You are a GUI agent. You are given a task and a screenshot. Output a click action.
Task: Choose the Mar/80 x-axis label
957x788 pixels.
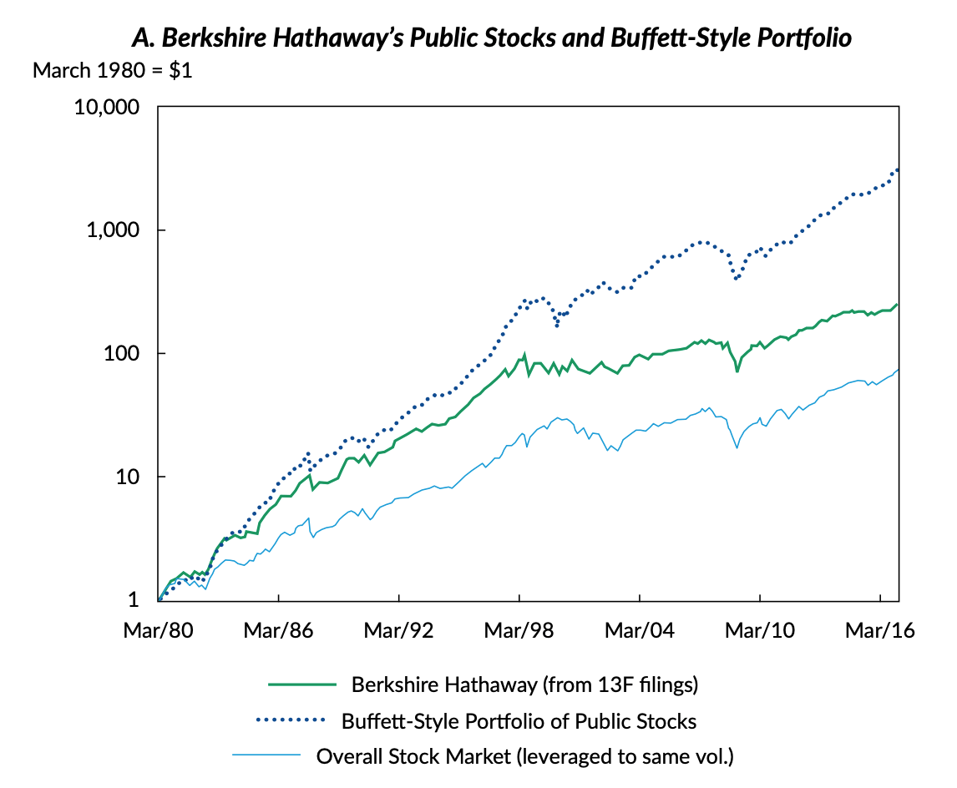click(159, 631)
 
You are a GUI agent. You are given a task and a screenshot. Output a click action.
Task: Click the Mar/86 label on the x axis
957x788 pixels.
click(278, 631)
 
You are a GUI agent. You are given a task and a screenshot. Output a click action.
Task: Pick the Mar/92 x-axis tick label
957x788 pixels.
click(399, 631)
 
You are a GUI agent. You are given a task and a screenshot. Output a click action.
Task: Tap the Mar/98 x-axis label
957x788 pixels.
click(519, 631)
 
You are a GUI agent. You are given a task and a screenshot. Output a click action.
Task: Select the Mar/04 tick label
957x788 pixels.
click(640, 631)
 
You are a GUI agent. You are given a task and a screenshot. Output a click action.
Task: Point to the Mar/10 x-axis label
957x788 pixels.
click(760, 631)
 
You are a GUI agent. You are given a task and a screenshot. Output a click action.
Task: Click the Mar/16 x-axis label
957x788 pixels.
click(880, 631)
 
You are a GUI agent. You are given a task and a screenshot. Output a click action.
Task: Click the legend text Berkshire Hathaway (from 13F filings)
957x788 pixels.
click(524, 684)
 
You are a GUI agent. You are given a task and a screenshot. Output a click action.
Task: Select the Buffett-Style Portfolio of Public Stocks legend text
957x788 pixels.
click(519, 720)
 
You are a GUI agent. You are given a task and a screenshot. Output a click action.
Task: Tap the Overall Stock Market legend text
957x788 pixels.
click(524, 756)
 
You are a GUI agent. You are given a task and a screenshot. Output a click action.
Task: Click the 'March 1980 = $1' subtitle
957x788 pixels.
click(113, 71)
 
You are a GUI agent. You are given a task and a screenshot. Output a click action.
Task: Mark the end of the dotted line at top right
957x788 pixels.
click(898, 169)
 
